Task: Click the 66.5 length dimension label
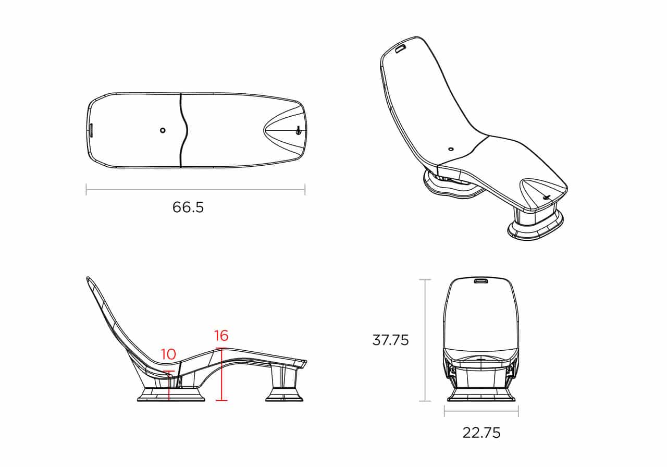[188, 207]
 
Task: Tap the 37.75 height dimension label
[390, 340]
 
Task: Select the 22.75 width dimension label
[481, 433]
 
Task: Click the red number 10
[168, 354]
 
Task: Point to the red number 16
[221, 336]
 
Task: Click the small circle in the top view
[163, 130]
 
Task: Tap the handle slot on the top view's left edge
[91, 130]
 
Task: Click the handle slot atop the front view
[481, 280]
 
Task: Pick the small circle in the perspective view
[451, 149]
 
